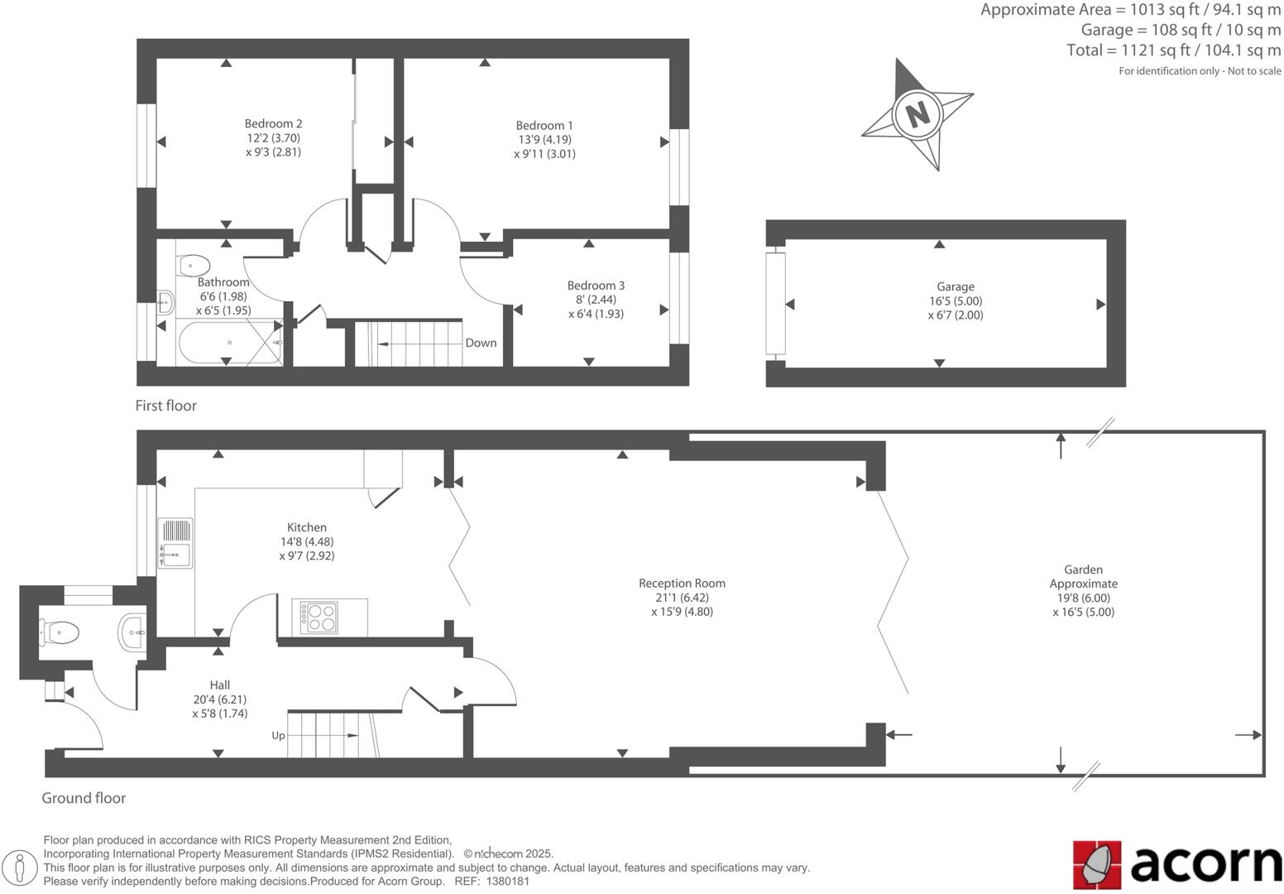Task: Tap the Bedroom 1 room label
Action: click(x=544, y=126)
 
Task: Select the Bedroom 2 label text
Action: click(x=273, y=124)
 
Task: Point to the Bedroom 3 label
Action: click(x=596, y=286)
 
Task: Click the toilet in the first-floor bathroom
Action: click(x=193, y=266)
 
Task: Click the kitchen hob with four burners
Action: click(x=320, y=618)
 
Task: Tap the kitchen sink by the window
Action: click(x=175, y=543)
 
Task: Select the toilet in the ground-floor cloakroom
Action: click(x=60, y=633)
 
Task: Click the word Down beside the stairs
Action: click(x=481, y=343)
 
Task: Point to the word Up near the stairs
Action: click(x=279, y=735)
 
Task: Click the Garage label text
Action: click(x=956, y=286)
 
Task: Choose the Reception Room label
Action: click(x=682, y=583)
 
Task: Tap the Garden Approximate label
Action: click(x=1083, y=576)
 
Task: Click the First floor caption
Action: click(x=166, y=406)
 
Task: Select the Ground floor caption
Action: click(x=84, y=798)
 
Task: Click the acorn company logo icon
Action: click(x=1097, y=864)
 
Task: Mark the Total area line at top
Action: click(x=1173, y=50)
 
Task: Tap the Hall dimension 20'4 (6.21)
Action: click(x=219, y=699)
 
